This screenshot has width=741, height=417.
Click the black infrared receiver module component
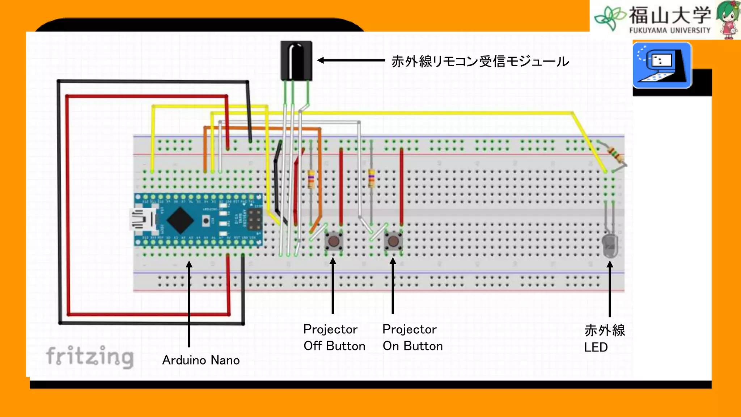tap(296, 60)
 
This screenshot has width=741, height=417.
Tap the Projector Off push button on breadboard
tap(334, 241)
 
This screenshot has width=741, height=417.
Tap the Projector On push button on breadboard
tap(393, 241)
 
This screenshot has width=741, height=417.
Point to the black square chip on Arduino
tap(180, 220)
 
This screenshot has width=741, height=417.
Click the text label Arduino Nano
tap(201, 360)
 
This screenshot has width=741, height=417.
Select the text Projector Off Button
tap(334, 337)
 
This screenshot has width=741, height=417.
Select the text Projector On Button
tap(412, 337)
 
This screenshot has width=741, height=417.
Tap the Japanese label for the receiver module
tap(480, 62)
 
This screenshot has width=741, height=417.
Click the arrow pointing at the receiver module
tap(351, 60)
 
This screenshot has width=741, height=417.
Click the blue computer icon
tap(662, 65)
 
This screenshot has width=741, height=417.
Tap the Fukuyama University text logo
tap(669, 20)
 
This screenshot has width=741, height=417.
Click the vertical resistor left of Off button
tap(311, 179)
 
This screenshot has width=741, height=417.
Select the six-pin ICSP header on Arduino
tap(255, 219)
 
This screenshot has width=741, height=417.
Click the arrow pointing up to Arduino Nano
tap(189, 304)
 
